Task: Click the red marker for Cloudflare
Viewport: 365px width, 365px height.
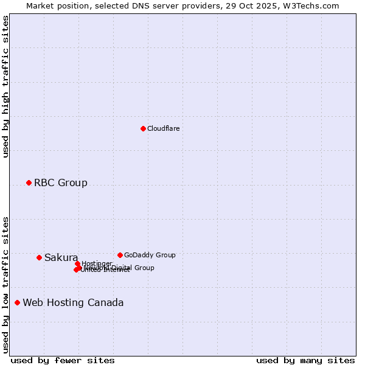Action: click(143, 128)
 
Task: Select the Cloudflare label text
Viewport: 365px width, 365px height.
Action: click(163, 128)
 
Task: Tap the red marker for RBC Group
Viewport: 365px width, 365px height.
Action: click(29, 182)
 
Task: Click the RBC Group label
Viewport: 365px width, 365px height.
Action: click(60, 182)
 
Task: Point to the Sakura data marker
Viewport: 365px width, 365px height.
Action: click(39, 257)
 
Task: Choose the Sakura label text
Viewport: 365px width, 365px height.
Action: click(61, 257)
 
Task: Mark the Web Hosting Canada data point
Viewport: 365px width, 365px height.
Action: click(17, 302)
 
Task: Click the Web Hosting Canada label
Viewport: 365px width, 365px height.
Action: click(73, 302)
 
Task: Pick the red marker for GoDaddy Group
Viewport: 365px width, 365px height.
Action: click(120, 255)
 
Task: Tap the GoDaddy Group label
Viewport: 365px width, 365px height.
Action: click(150, 255)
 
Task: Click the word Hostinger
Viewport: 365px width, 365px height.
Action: click(97, 263)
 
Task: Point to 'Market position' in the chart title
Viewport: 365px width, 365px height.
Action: click(57, 5)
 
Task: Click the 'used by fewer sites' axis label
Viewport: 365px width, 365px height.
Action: click(63, 360)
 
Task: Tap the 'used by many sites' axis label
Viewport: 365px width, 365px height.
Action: click(305, 360)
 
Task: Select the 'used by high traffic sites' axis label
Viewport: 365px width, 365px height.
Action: click(6, 86)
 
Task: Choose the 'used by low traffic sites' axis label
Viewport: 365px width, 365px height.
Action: click(6, 284)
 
